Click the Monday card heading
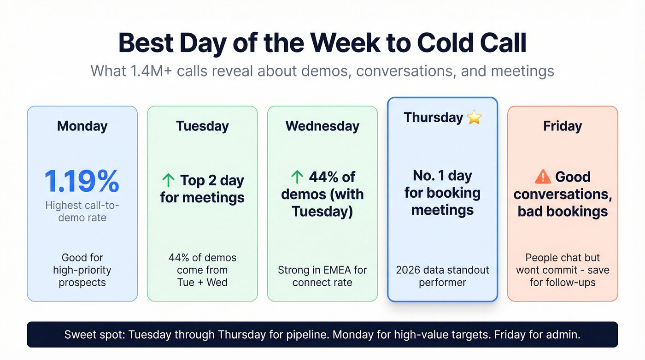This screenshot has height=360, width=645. (x=82, y=126)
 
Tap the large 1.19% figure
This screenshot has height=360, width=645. (x=82, y=182)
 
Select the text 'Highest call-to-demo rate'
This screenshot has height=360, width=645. (x=82, y=212)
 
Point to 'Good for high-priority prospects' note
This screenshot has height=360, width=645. (x=82, y=270)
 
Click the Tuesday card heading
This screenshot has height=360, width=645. (x=202, y=126)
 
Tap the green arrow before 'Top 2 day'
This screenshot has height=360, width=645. (x=169, y=181)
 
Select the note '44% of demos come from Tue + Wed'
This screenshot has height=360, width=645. (x=202, y=270)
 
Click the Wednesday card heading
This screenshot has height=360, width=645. (x=322, y=126)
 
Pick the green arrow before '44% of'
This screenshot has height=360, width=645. (x=297, y=177)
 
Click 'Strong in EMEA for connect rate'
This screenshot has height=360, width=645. (x=322, y=276)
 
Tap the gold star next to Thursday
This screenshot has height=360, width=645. (x=474, y=118)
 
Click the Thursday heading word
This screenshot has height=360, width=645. (x=433, y=118)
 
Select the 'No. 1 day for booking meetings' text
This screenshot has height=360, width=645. (x=442, y=193)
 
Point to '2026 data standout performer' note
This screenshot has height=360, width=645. (x=442, y=276)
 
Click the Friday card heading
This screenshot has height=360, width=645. (x=562, y=126)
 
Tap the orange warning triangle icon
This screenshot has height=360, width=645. (x=543, y=177)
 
